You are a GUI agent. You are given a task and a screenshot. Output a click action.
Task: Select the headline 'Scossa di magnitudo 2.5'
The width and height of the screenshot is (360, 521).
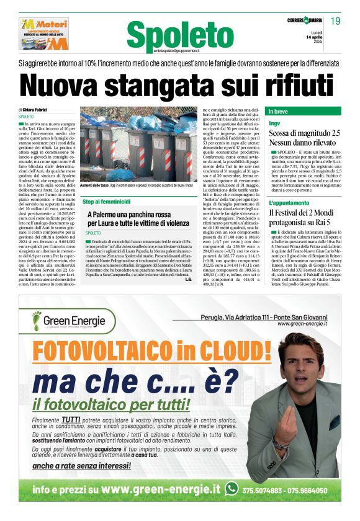click(x=304, y=133)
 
